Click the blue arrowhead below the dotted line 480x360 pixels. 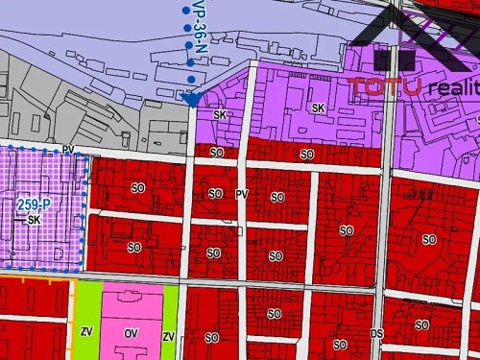pos(191,99)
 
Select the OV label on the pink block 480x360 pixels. pos(132,333)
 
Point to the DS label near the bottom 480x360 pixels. pos(377,333)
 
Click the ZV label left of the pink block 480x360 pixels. pos(85,332)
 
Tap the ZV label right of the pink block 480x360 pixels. pos(168,337)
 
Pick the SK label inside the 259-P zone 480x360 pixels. pos(35,220)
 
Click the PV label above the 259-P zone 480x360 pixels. pos(67,150)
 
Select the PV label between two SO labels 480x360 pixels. pos(242,194)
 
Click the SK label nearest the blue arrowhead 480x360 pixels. pos(220,114)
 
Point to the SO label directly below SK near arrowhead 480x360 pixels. pos(216,153)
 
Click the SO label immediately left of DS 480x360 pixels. pos(340,345)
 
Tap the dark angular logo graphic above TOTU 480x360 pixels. pos(403,38)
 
